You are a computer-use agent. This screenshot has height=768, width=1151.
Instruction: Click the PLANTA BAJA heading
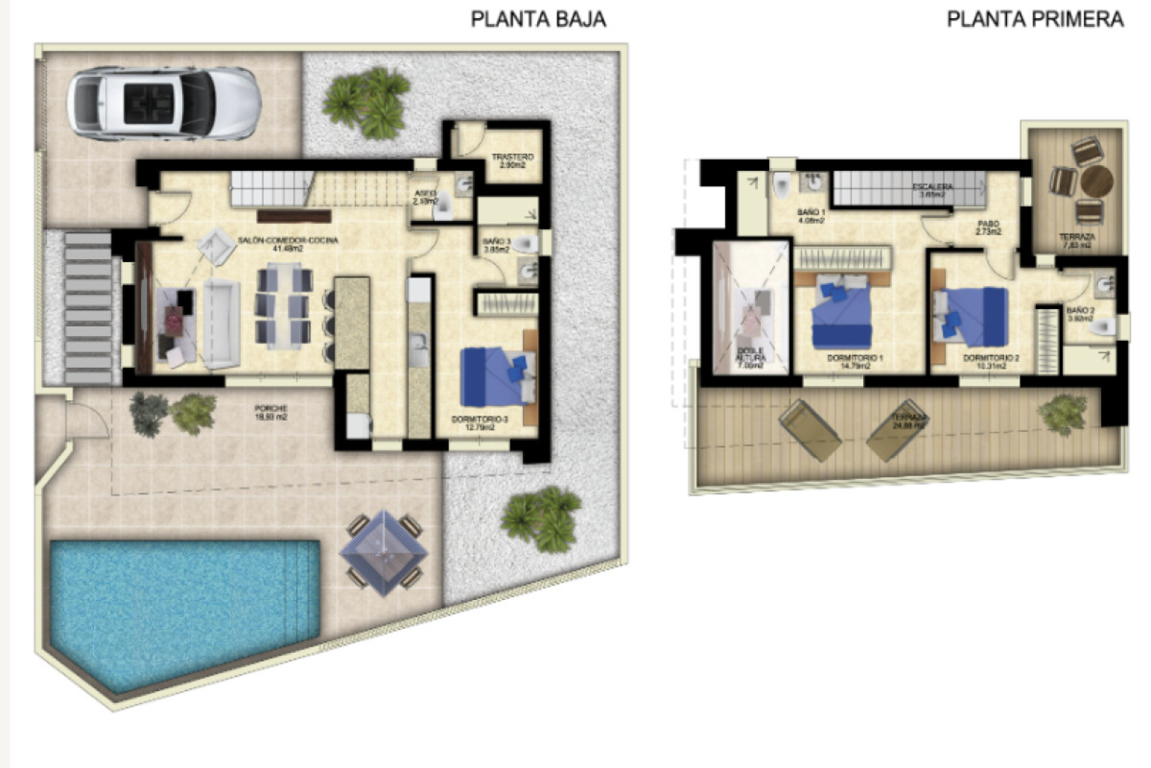click(x=538, y=19)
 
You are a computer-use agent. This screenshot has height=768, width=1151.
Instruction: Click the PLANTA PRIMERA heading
click(x=1035, y=19)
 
